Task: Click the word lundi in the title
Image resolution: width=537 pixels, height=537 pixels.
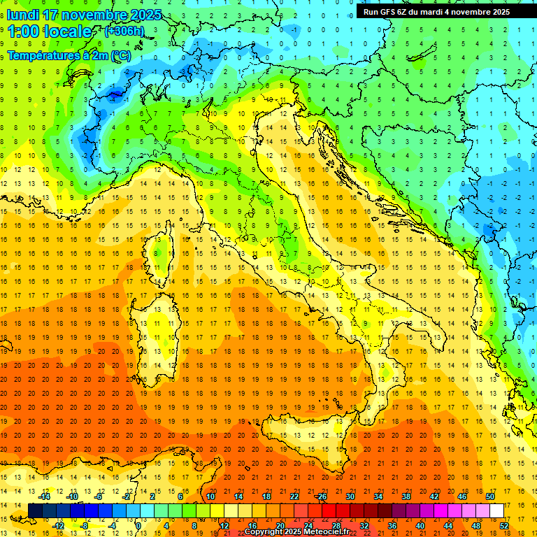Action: pos(23,15)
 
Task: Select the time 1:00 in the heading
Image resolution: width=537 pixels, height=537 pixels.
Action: pos(22,31)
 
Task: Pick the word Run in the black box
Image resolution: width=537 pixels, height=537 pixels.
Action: pos(371,12)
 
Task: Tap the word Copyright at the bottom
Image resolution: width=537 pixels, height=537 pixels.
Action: pos(264,532)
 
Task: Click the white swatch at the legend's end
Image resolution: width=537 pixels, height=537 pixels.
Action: pos(497,510)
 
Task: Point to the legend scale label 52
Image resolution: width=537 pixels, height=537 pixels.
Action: pos(504,526)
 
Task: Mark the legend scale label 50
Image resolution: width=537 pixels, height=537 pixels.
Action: pos(490,496)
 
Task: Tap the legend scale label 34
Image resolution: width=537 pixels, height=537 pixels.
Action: pos(378,496)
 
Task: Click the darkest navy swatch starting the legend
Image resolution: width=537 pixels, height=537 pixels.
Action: pos(35,510)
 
